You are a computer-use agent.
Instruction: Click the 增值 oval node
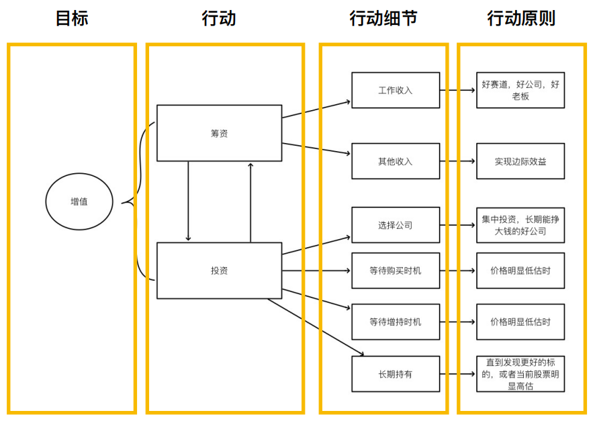pos(79,201)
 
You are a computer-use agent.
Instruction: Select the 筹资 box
pos(219,133)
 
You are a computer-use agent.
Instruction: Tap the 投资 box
pos(219,271)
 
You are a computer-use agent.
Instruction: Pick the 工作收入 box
pos(396,90)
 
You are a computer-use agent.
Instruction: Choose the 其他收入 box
pos(396,161)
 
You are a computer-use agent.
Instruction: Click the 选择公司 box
pos(396,225)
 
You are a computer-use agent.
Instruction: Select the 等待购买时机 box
pos(396,271)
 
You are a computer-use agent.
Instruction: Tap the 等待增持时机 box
pos(396,322)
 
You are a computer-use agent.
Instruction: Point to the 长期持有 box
pos(396,374)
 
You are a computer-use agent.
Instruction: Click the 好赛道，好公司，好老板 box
pos(520,90)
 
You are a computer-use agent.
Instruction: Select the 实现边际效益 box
pos(520,161)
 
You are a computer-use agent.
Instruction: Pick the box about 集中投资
pos(520,225)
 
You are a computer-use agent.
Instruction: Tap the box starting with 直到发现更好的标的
pos(520,374)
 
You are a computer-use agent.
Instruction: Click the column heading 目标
pos(72,19)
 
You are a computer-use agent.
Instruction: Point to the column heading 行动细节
pos(383,19)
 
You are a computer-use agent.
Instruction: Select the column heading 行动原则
pos(521,19)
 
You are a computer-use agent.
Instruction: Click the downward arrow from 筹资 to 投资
pos(188,201)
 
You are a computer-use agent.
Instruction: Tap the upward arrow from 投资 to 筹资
pos(250,201)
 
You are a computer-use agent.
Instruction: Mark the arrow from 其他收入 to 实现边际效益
pos(458,161)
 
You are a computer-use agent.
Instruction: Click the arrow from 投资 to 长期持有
pos(316,327)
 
